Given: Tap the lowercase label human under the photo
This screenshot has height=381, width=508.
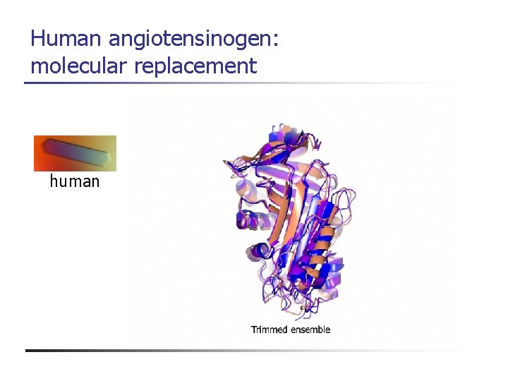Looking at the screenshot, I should click(x=75, y=181).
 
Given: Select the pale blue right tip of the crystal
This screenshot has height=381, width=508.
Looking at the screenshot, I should click(x=106, y=159).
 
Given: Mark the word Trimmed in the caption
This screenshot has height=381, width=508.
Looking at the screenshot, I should click(x=269, y=329).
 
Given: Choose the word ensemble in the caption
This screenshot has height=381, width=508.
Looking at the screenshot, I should click(x=309, y=329).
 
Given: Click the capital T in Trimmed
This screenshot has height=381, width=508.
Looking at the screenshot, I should click(x=254, y=329).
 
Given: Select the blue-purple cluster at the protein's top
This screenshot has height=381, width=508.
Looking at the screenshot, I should click(x=282, y=138).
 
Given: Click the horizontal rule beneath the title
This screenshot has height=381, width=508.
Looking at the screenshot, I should click(x=247, y=83).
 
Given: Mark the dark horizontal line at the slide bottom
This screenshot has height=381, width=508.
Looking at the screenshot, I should click(x=247, y=350).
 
